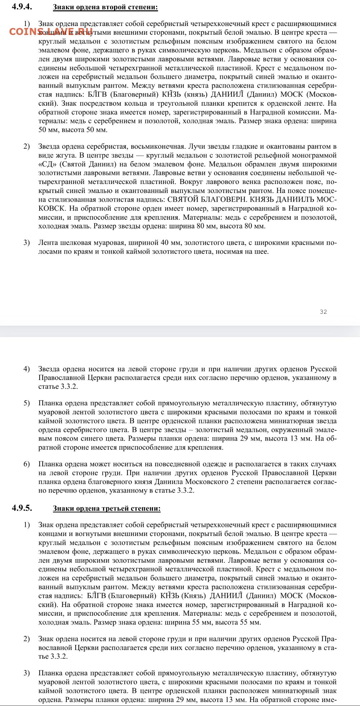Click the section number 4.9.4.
pyautogui.click(x=22, y=7)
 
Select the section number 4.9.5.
pyautogui.click(x=22, y=508)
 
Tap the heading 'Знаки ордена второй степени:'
pyautogui.click(x=105, y=7)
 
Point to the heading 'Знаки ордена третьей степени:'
pyautogui.click(x=107, y=508)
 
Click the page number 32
pyautogui.click(x=323, y=312)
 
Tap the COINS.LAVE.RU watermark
pyautogui.click(x=51, y=32)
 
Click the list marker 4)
pyautogui.click(x=27, y=369)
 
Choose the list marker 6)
pyautogui.click(x=27, y=464)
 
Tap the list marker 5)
pyautogui.click(x=27, y=403)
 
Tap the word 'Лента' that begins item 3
pyautogui.click(x=47, y=243)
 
